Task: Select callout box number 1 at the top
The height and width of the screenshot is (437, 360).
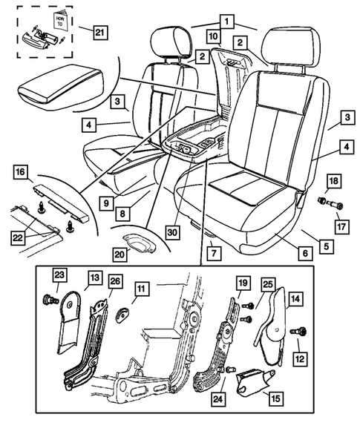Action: [x=223, y=22]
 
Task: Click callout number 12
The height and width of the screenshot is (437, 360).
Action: [x=300, y=359]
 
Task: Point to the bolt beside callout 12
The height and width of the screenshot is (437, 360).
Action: [x=301, y=331]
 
